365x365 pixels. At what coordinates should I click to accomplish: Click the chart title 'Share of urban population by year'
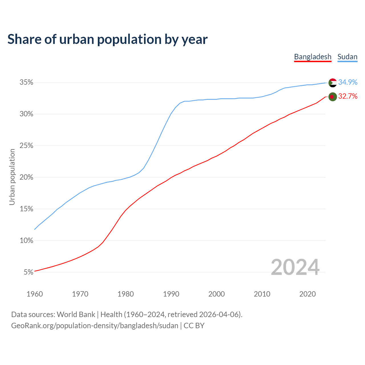[108, 39]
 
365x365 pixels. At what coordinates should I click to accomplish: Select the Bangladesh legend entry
[313, 57]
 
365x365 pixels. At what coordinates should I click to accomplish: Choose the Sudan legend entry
[347, 57]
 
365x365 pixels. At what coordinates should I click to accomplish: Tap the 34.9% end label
[348, 82]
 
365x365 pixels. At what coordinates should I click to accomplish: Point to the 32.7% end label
[348, 96]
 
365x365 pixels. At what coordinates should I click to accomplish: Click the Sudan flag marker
[333, 83]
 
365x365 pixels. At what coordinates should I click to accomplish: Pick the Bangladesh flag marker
[333, 97]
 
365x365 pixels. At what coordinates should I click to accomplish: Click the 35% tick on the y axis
[27, 82]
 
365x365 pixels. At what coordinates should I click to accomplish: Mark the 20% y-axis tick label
[27, 177]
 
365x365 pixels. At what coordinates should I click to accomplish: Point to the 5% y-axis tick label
[29, 272]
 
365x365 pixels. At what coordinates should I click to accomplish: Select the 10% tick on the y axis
[27, 240]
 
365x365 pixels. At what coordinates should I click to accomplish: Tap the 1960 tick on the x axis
[35, 294]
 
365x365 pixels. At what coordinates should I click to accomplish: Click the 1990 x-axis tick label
[171, 294]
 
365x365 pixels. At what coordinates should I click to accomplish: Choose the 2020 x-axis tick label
[307, 294]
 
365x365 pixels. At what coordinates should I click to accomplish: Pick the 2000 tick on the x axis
[216, 294]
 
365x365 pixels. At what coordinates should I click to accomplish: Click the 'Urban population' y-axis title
[12, 177]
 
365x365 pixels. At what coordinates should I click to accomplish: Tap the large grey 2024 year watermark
[295, 267]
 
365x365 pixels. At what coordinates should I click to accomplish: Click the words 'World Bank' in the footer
[76, 315]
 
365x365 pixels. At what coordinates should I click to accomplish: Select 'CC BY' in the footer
[194, 326]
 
